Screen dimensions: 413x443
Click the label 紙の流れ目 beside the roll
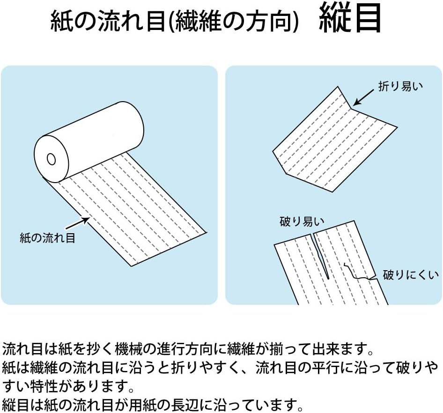(x=47, y=238)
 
